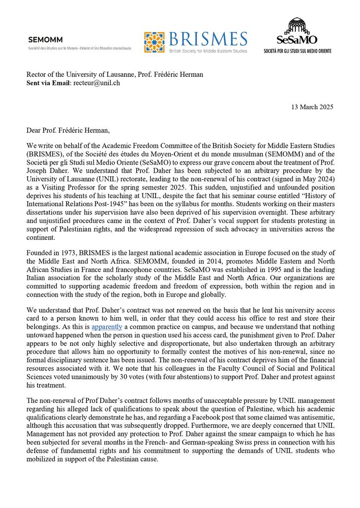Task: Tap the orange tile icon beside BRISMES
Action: coord(154,43)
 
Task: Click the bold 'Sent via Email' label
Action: coord(48,83)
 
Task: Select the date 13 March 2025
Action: coord(312,107)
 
